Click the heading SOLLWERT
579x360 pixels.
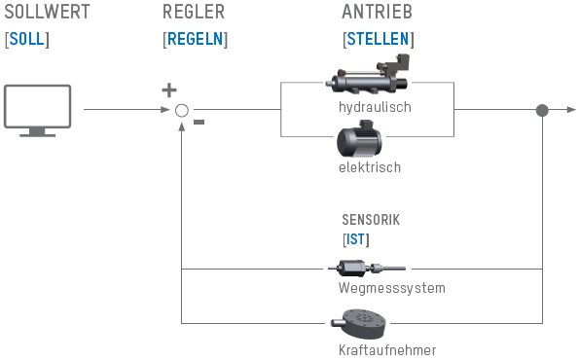[x=47, y=12]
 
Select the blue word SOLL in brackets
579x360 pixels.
[x=27, y=39]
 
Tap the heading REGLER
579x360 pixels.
[x=194, y=12]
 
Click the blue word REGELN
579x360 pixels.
[x=196, y=39]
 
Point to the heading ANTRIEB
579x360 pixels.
[x=377, y=12]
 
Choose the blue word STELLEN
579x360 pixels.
[x=379, y=39]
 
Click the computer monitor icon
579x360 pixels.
[x=37, y=111]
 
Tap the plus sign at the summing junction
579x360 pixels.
[x=169, y=90]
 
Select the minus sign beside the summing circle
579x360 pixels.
[x=199, y=123]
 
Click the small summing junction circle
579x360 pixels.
[x=182, y=110]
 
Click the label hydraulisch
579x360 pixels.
[x=375, y=107]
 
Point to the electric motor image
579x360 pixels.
[x=359, y=138]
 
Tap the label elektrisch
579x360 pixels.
[x=370, y=167]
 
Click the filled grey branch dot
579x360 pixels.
[x=542, y=110]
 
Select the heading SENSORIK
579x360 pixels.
[x=371, y=220]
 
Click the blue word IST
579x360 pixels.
[x=355, y=239]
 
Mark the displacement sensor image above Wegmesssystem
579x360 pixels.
[x=367, y=269]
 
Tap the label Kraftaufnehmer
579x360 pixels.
[x=387, y=350]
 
